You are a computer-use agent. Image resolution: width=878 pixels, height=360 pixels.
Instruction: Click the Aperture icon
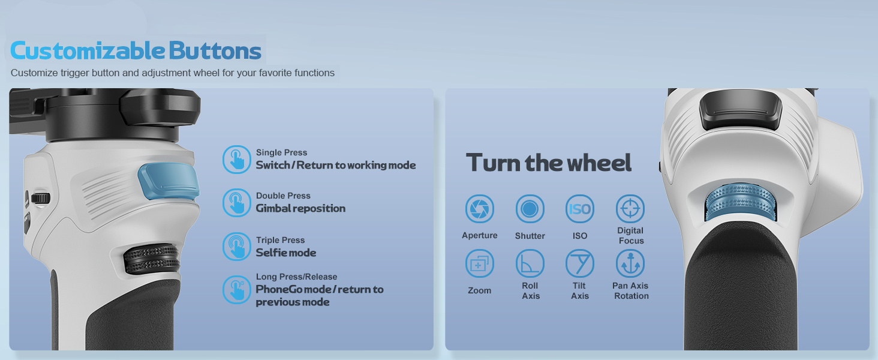coord(479,209)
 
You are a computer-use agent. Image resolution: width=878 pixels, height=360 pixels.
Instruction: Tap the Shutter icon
coord(530,209)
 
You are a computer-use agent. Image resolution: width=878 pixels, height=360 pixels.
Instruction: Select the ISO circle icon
coord(580,209)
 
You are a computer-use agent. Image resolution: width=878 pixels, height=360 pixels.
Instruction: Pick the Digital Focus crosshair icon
coord(630,209)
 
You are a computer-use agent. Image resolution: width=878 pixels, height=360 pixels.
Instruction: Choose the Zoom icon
coord(479,263)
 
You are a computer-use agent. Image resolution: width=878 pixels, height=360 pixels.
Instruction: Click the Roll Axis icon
coord(530,263)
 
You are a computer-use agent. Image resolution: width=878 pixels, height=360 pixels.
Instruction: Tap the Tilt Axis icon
coord(580,263)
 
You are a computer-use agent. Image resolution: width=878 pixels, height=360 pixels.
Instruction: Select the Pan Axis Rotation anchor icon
coord(630,263)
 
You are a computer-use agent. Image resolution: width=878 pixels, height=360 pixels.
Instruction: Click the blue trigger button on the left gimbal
coord(169,181)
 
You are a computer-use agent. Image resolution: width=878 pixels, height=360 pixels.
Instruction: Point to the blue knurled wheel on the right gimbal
coord(741,202)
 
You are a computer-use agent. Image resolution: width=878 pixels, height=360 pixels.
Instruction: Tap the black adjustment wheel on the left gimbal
coord(152,259)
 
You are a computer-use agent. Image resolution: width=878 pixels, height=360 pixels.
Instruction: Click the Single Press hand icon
coord(236,160)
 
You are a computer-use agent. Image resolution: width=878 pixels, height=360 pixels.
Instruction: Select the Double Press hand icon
coord(236,203)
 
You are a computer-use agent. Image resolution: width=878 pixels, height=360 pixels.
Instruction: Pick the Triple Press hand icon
coord(236,247)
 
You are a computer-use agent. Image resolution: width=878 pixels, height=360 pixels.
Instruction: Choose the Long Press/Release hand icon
coord(236,290)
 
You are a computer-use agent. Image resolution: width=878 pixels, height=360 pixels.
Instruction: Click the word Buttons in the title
coord(215,50)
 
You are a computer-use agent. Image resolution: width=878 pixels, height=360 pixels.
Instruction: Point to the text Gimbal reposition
coord(300,208)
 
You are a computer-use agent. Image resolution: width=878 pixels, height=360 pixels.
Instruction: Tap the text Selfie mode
coord(286,253)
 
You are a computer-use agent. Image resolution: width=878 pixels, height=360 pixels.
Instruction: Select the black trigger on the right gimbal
coord(740,110)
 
